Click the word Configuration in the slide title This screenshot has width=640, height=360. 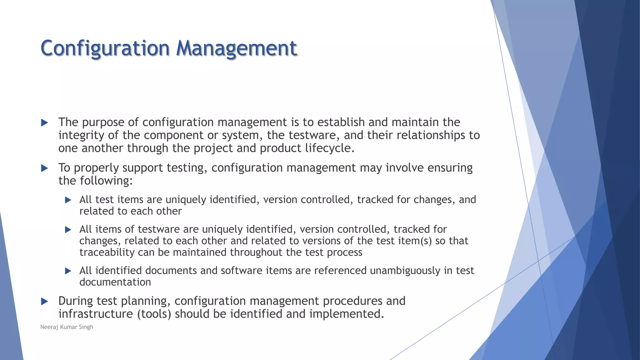(x=105, y=48)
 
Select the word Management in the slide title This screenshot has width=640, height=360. (x=237, y=48)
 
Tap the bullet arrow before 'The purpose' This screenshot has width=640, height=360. (x=45, y=122)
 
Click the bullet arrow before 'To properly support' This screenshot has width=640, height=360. (x=45, y=168)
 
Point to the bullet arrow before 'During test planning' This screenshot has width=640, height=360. (x=45, y=301)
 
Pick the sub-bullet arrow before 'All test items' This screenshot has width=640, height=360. (x=68, y=200)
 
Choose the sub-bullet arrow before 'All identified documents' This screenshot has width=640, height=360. (x=68, y=271)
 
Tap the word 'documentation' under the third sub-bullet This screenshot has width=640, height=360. (x=115, y=282)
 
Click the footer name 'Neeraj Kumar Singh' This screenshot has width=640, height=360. (x=67, y=327)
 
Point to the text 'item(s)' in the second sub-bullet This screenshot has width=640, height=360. (x=415, y=241)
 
